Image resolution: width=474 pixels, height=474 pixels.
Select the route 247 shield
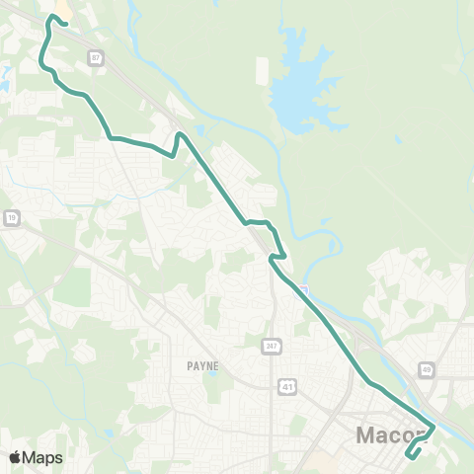click(271, 345)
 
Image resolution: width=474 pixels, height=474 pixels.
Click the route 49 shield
click(426, 369)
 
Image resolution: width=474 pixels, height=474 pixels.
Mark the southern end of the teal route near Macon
click(409, 457)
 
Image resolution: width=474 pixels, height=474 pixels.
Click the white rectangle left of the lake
click(262, 71)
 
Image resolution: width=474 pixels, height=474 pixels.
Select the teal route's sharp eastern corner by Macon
click(434, 427)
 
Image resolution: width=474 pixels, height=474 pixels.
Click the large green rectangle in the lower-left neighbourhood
click(71, 286)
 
